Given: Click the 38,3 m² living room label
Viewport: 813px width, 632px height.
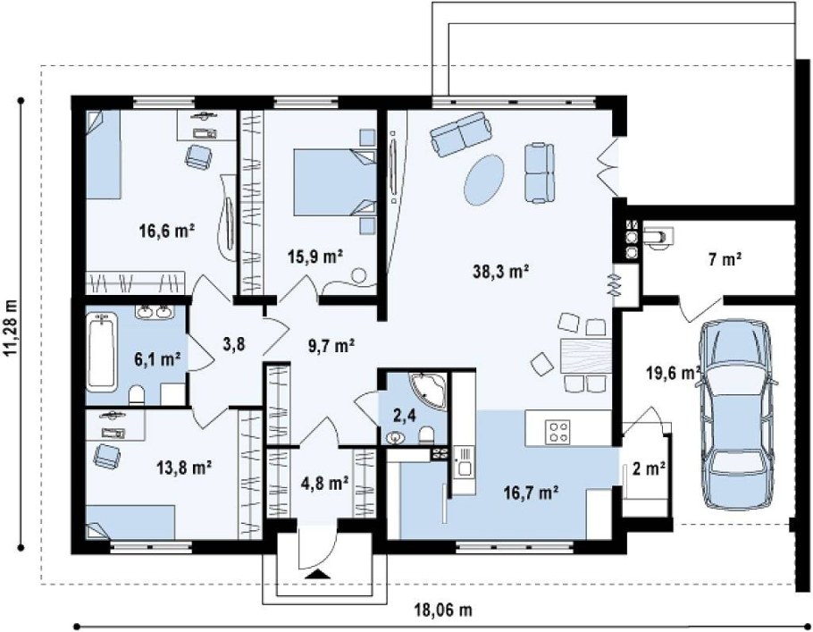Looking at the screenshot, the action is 500,271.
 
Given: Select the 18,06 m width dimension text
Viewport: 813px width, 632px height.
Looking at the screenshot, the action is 443,610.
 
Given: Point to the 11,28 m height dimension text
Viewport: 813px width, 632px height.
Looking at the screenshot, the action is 11,328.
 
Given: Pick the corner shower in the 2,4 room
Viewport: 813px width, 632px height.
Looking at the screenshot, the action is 428,391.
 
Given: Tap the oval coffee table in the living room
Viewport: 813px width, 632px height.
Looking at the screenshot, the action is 483,179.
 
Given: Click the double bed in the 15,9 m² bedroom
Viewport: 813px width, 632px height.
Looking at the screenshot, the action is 335,182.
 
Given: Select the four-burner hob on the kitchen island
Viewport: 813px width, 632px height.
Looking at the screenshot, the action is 558,432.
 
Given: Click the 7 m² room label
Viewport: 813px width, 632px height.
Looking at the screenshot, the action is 725,259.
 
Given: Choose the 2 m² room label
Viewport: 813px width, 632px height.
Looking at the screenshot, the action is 650,468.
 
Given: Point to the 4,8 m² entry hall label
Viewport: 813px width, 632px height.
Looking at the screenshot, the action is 324,484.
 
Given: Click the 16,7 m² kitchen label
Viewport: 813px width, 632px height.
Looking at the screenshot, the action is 531,492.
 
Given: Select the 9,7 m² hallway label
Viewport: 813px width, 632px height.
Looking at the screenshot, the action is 331,345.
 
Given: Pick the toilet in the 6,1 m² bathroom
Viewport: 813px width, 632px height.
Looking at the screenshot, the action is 137,394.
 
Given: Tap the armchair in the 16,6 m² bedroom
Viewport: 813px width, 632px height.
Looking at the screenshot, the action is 198,156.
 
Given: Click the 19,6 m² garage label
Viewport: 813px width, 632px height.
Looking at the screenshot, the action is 674,373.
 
